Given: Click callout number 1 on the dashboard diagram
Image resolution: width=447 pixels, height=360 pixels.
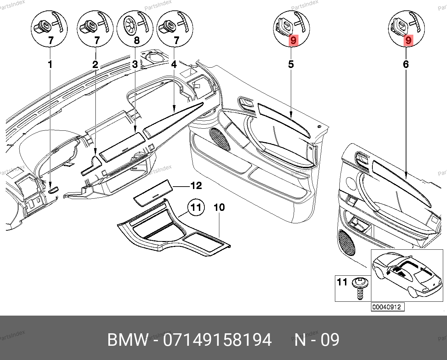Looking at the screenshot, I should click(x=50, y=64).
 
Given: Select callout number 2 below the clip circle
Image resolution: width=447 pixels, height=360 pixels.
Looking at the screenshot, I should click(x=95, y=65).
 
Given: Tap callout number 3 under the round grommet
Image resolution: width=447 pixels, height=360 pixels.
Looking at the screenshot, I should click(x=135, y=64).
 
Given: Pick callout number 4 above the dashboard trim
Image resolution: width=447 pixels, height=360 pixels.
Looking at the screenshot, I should click(x=174, y=64).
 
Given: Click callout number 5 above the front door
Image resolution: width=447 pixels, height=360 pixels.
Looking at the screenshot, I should click(x=291, y=64).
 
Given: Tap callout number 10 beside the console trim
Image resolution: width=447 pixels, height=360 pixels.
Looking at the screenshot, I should click(x=219, y=208).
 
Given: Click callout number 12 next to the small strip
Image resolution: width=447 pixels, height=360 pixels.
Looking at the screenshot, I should click(x=196, y=186).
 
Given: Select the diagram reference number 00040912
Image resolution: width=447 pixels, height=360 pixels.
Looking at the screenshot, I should click(x=386, y=307).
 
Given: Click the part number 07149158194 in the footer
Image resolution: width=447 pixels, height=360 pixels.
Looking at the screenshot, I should click(x=217, y=340).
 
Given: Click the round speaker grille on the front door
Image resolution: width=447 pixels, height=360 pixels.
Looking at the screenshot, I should click(x=220, y=138).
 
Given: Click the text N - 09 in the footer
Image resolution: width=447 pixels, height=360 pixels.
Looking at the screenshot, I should click(x=317, y=340).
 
